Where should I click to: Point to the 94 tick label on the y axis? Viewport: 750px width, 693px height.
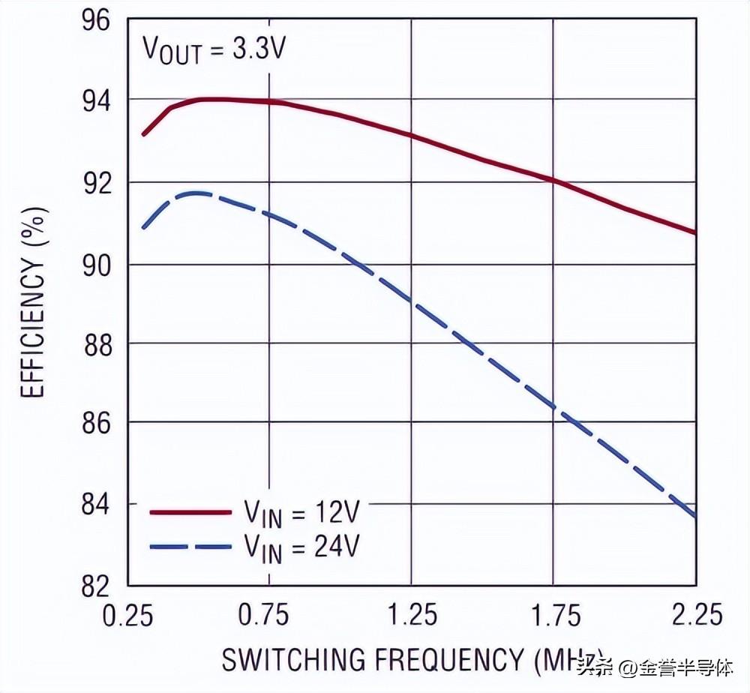pos(95,99)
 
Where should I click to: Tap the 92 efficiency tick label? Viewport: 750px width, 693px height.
pos(95,181)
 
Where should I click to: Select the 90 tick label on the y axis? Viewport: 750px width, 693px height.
pos(95,264)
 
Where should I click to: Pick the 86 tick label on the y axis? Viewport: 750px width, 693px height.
pos(95,423)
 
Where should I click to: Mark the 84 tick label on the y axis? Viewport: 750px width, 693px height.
pos(95,504)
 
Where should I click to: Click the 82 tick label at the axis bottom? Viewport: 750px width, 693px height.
pos(95,585)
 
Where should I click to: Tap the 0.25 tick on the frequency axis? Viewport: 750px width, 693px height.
pos(129,615)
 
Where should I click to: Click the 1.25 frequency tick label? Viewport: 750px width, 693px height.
pos(411,615)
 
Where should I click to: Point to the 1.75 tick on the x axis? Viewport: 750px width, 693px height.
pos(553,615)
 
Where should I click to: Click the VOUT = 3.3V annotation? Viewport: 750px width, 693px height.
pos(214,51)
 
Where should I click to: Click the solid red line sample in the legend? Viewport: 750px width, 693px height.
pos(190,511)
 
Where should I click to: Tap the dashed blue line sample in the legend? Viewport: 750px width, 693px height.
pos(190,547)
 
